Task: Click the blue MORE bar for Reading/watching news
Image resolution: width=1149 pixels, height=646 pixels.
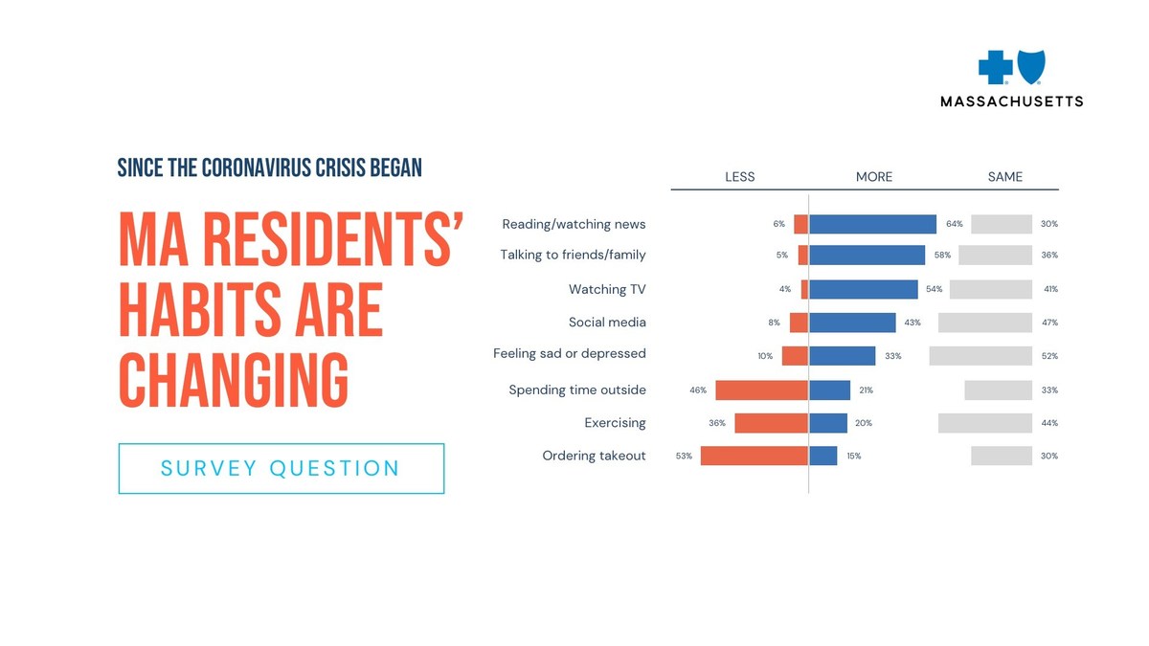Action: click(x=872, y=224)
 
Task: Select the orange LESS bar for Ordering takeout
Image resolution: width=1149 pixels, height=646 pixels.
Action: click(x=755, y=456)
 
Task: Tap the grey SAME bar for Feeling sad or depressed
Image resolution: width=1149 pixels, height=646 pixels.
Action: click(x=980, y=355)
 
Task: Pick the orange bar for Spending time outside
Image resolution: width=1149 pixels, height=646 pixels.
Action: click(x=762, y=390)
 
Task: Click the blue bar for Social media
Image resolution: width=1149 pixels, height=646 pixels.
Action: click(x=852, y=323)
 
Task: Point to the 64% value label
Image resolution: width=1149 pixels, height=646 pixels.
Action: click(x=954, y=224)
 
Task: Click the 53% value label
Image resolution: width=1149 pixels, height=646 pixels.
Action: click(x=684, y=457)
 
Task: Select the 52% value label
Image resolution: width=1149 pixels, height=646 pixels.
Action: click(x=1049, y=356)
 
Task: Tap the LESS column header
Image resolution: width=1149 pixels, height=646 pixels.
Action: click(x=740, y=177)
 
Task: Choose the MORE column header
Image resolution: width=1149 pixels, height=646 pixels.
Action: click(x=874, y=177)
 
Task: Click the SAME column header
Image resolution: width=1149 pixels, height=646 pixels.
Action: click(x=1005, y=177)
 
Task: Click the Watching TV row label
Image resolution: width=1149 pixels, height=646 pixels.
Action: click(x=607, y=289)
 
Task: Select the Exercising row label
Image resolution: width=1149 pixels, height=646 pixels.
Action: click(x=615, y=423)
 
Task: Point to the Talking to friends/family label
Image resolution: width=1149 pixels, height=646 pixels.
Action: click(x=573, y=255)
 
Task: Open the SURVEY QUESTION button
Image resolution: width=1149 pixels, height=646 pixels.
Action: click(x=282, y=468)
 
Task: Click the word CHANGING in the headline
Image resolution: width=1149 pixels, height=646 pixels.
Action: click(x=234, y=379)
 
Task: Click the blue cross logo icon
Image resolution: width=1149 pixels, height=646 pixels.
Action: click(x=995, y=68)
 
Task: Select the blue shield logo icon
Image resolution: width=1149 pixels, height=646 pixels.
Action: click(x=1030, y=67)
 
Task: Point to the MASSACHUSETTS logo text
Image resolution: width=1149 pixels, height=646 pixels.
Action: click(x=1012, y=100)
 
